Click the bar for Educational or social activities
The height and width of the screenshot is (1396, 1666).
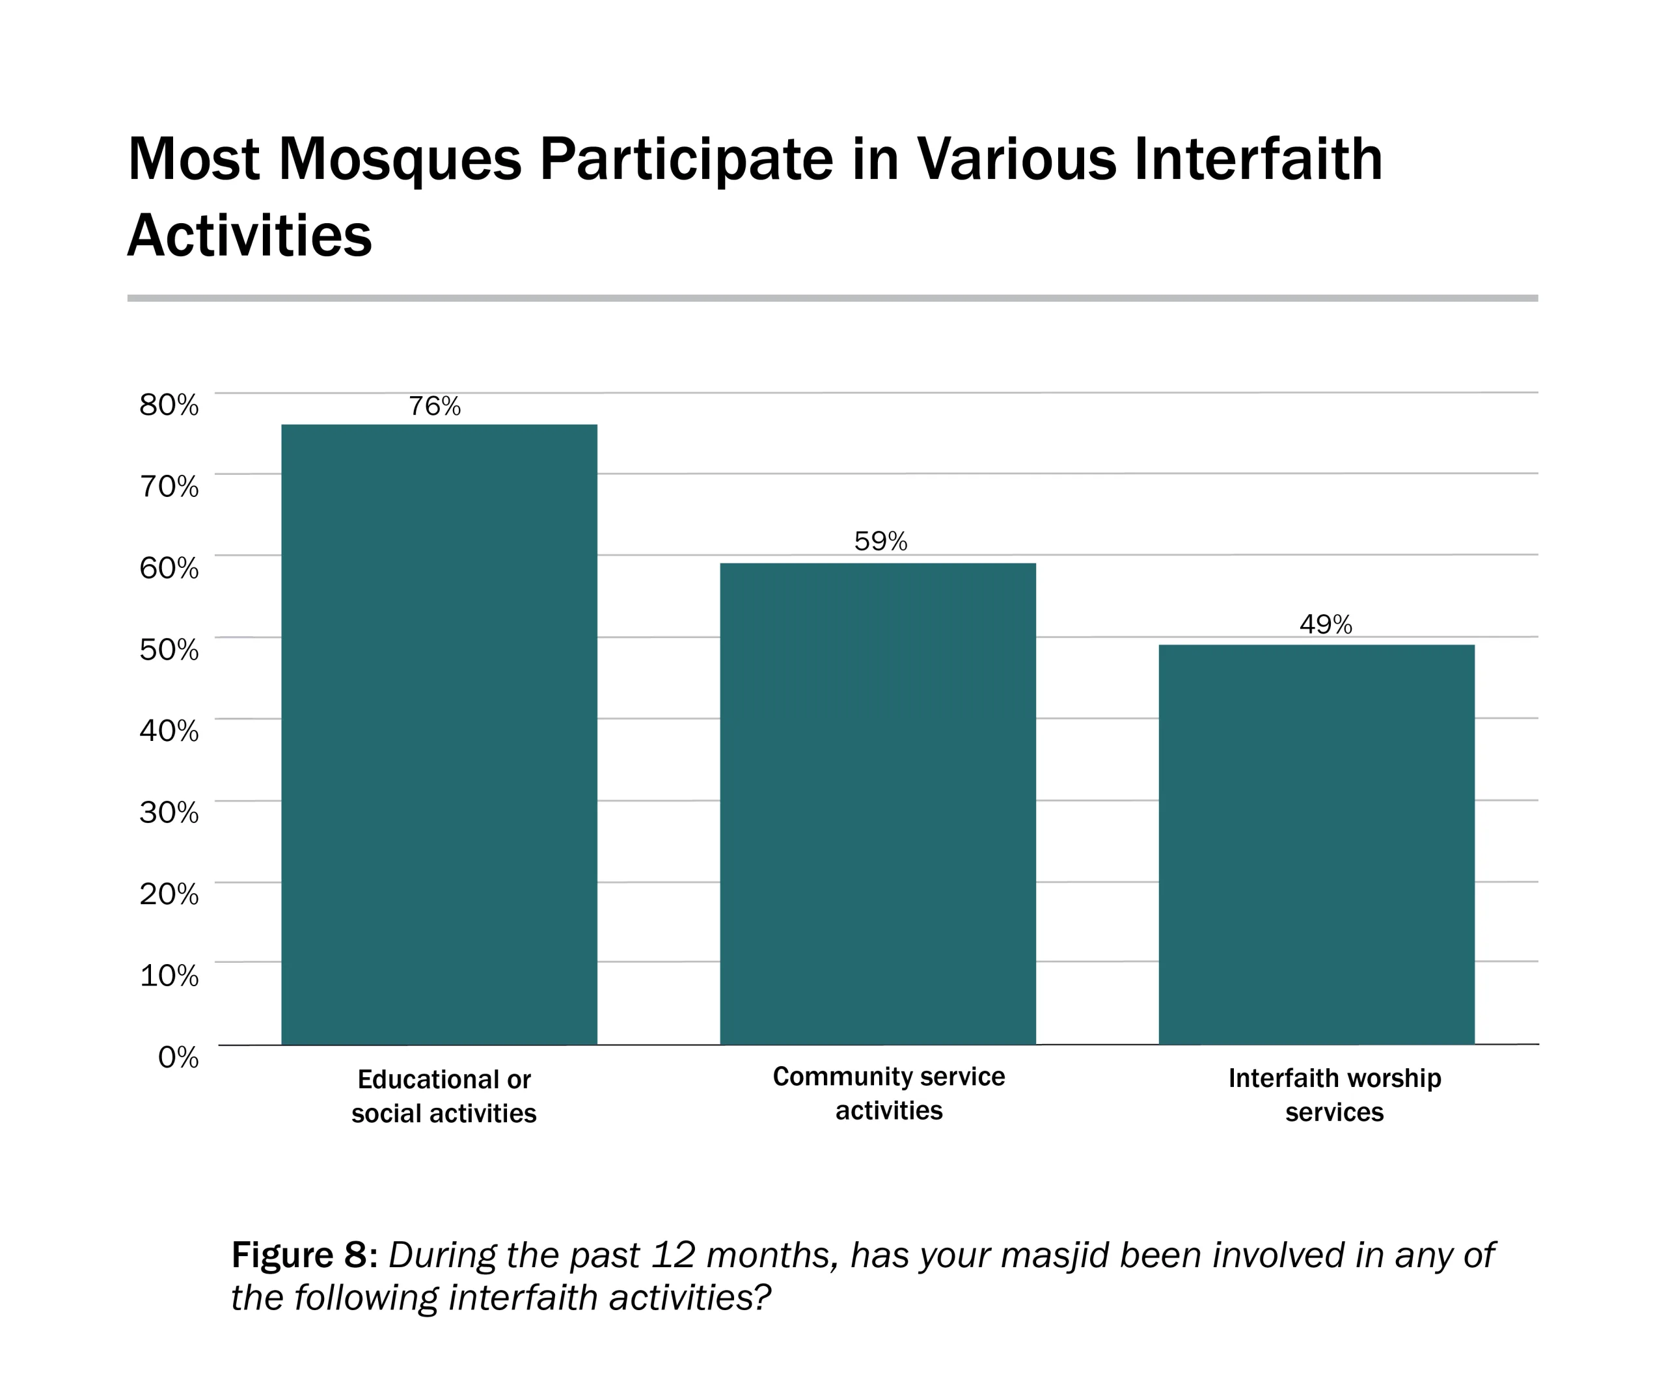pyautogui.click(x=439, y=734)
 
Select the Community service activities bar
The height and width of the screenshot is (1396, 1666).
pyautogui.click(x=877, y=803)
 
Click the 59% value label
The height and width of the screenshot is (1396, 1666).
pyautogui.click(x=881, y=542)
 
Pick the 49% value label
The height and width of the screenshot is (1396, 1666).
pyautogui.click(x=1326, y=625)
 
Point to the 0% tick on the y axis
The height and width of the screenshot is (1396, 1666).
pyautogui.click(x=178, y=1056)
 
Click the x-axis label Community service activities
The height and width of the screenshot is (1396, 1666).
pyautogui.click(x=888, y=1093)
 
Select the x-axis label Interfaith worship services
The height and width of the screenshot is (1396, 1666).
pyautogui.click(x=1334, y=1095)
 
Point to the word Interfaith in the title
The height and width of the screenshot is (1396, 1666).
pyautogui.click(x=1258, y=159)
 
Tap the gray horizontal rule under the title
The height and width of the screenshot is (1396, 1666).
pyautogui.click(x=832, y=298)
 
